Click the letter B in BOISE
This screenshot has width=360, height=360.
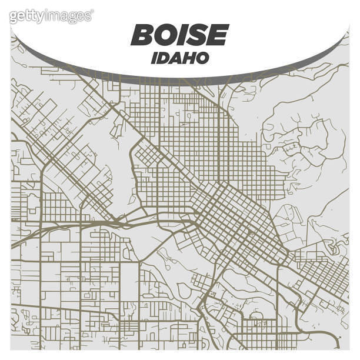[x=143, y=35]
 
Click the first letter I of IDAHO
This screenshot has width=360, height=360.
[x=154, y=58]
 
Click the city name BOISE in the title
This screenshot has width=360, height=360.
[x=179, y=35]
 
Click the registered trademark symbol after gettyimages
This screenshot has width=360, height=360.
[x=92, y=12]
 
